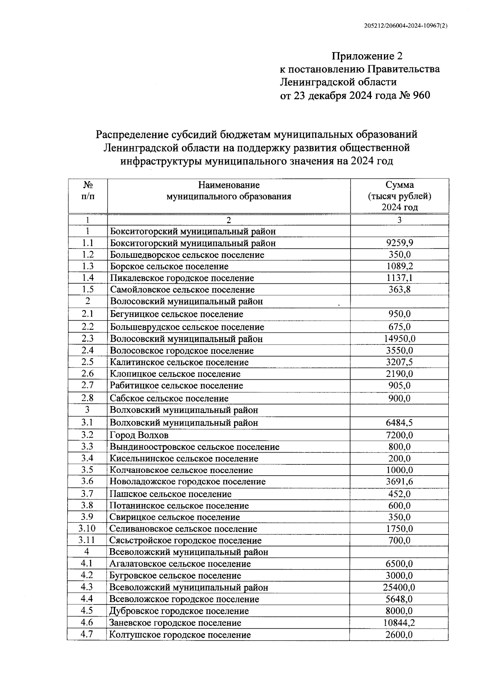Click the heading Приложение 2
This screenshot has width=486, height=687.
367,56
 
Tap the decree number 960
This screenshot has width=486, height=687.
421,96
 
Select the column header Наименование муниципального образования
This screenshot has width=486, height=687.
229,191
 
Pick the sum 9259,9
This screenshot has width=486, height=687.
399,243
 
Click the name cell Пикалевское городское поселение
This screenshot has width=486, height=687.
182,278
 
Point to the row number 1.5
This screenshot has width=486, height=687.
87,289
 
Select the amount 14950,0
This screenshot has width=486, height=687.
399,339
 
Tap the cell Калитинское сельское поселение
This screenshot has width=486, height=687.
179,362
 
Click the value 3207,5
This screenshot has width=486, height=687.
399,362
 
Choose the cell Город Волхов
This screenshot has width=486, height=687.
139,435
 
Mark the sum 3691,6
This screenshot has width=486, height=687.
399,482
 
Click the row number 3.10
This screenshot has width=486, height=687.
87,529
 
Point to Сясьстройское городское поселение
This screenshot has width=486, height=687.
185,540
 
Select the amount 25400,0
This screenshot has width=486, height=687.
399,587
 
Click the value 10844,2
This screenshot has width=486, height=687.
399,623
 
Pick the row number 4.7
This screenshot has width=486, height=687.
87,634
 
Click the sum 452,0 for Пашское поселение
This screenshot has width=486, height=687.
399,494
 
